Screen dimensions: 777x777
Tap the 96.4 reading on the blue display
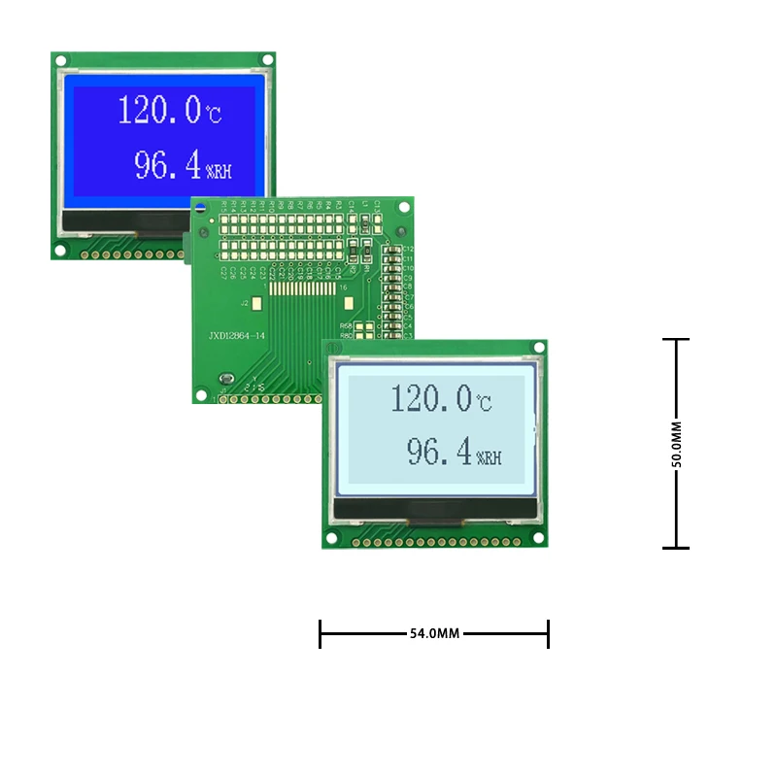(x=166, y=166)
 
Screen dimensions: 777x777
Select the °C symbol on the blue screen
(x=213, y=115)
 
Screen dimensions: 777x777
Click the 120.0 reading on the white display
(x=431, y=397)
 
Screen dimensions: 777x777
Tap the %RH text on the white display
(x=491, y=456)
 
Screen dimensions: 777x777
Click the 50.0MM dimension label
(x=676, y=444)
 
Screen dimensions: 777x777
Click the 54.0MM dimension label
(x=434, y=633)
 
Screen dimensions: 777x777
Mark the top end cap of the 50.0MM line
(x=676, y=339)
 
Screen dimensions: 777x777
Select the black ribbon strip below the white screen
(x=434, y=508)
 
